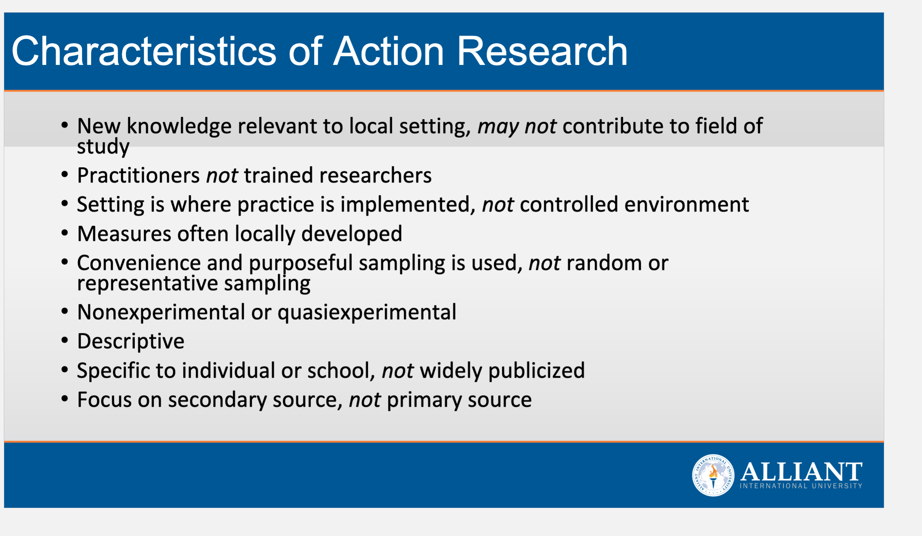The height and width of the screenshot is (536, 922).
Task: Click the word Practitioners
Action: click(x=138, y=175)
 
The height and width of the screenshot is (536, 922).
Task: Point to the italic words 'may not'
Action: click(x=517, y=126)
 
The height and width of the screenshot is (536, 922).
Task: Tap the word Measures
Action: click(x=124, y=234)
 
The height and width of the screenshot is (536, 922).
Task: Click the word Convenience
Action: click(x=139, y=263)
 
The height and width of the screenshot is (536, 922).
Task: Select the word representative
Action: click(x=147, y=284)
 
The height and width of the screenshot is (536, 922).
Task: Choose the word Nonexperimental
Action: click(x=161, y=312)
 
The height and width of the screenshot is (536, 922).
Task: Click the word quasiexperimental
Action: click(x=367, y=313)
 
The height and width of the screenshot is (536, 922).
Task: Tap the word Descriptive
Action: click(x=131, y=341)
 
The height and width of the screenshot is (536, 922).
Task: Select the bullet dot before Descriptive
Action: click(x=64, y=340)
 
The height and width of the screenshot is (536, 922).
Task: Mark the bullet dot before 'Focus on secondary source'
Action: click(x=64, y=399)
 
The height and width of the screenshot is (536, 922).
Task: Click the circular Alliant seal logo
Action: click(x=713, y=475)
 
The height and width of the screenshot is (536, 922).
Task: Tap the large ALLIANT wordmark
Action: click(x=801, y=471)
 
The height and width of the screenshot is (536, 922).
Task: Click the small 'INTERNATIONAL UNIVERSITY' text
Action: click(x=801, y=486)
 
